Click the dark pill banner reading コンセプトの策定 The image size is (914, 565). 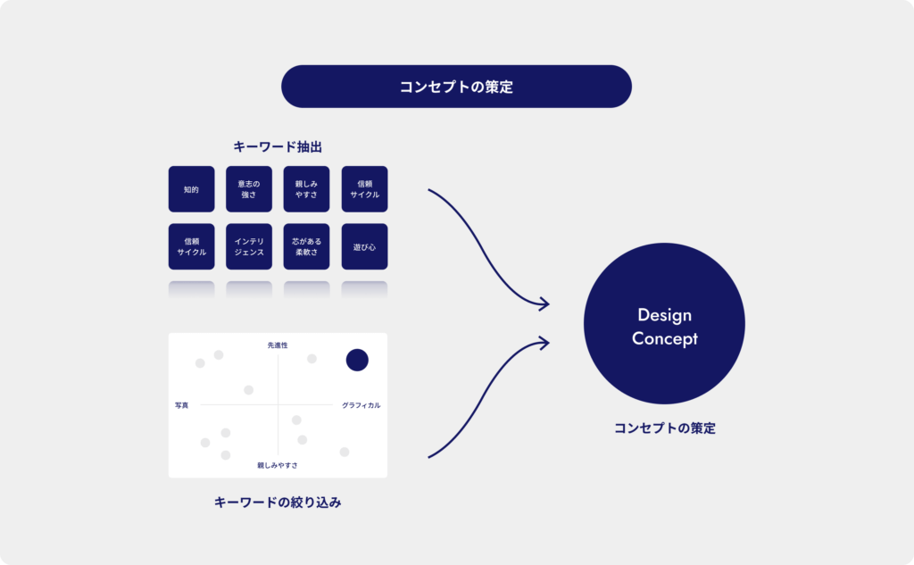pyautogui.click(x=456, y=87)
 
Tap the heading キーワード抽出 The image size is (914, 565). pyautogui.click(x=278, y=147)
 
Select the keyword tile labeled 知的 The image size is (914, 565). pyautogui.click(x=191, y=189)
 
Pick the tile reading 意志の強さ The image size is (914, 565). pyautogui.click(x=249, y=189)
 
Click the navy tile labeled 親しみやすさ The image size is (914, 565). pyautogui.click(x=307, y=189)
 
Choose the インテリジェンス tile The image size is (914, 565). pyautogui.click(x=249, y=246)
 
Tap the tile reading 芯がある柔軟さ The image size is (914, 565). pyautogui.click(x=307, y=246)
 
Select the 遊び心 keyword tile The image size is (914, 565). pyautogui.click(x=364, y=246)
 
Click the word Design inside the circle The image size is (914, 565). pyautogui.click(x=664, y=315)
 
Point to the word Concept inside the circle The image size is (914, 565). pyautogui.click(x=664, y=339)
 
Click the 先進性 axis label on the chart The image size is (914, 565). pyautogui.click(x=278, y=345)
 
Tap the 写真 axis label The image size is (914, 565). pyautogui.click(x=182, y=405)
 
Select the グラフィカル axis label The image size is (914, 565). pyautogui.click(x=361, y=405)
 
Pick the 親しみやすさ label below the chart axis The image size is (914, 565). pyautogui.click(x=278, y=465)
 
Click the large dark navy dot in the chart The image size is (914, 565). pyautogui.click(x=357, y=360)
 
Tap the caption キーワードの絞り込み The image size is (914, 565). pyautogui.click(x=278, y=502)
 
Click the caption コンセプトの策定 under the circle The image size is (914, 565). pyautogui.click(x=664, y=428)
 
